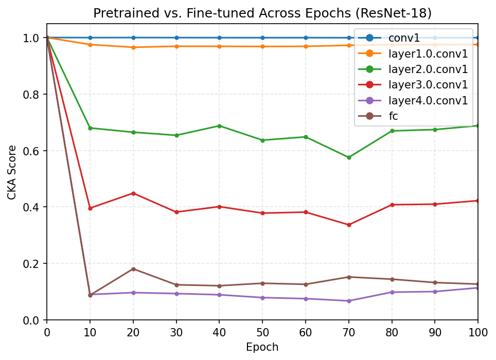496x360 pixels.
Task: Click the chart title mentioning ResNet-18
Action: (x=262, y=13)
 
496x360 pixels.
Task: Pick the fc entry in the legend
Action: (x=393, y=116)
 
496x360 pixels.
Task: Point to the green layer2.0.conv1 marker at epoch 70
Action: (x=349, y=157)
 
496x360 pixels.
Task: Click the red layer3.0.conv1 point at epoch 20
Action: (x=133, y=193)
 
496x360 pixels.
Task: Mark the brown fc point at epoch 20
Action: (x=133, y=269)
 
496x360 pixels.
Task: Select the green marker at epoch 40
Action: (x=219, y=126)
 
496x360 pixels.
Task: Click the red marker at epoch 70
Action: (x=349, y=225)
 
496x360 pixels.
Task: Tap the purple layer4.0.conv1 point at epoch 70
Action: (x=349, y=301)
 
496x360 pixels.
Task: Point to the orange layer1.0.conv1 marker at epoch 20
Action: (x=133, y=47)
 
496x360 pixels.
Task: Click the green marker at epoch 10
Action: (x=90, y=128)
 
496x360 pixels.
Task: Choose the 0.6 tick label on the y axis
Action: (x=31, y=151)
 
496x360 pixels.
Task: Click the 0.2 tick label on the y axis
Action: (x=31, y=264)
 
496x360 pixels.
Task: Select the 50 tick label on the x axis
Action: (x=262, y=331)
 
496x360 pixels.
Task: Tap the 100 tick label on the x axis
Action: (x=478, y=331)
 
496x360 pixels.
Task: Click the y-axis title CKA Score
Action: (x=12, y=172)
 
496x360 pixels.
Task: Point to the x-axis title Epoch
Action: (x=262, y=347)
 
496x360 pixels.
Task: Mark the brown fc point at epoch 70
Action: (x=349, y=277)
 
